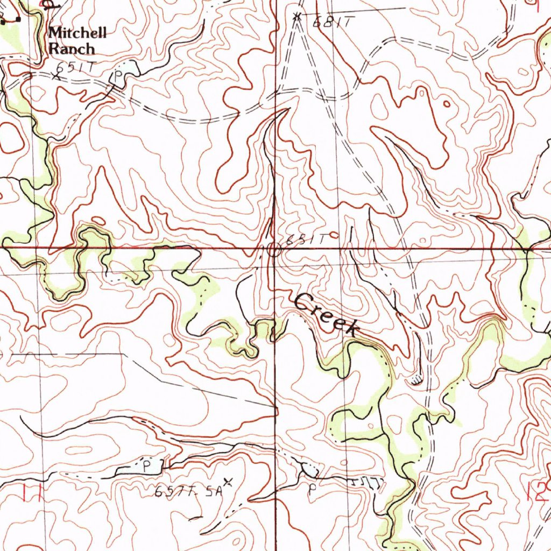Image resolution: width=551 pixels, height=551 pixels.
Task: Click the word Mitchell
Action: tap(77, 33)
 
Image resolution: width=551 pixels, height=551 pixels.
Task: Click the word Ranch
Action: tap(72, 49)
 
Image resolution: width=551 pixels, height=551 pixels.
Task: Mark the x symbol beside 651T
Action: tap(56, 76)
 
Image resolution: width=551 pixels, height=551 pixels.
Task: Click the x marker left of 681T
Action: tap(296, 17)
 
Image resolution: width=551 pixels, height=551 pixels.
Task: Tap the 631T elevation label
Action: tap(305, 240)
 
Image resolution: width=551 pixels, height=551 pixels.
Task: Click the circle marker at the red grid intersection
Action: tap(273, 250)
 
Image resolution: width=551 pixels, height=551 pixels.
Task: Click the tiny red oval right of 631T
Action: tap(336, 235)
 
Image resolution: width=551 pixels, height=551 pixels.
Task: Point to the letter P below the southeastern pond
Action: tap(310, 490)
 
